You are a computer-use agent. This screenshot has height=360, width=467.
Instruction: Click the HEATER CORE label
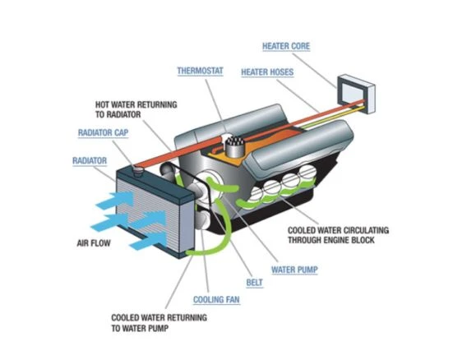pyautogui.click(x=286, y=46)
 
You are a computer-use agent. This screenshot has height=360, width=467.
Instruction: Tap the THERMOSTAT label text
pyautogui.click(x=200, y=71)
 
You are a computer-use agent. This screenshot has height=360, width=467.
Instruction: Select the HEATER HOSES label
pyautogui.click(x=267, y=72)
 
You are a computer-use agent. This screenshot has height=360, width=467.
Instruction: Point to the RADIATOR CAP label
pyautogui.click(x=103, y=132)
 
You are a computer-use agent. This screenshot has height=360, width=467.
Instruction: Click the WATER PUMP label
pyautogui.click(x=294, y=270)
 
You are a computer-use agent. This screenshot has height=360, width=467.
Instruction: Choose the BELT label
pyautogui.click(x=254, y=282)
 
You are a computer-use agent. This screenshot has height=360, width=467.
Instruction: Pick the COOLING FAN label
pyautogui.click(x=216, y=299)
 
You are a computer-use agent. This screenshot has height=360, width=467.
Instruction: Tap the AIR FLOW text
pyautogui.click(x=94, y=243)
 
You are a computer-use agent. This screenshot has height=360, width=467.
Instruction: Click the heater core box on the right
pyautogui.click(x=356, y=94)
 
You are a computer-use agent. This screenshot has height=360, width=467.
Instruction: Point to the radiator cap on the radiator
pyautogui.click(x=138, y=172)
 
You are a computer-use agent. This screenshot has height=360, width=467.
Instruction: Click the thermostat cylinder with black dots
pyautogui.click(x=235, y=146)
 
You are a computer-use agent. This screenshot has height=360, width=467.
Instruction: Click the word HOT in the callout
pyautogui.click(x=102, y=105)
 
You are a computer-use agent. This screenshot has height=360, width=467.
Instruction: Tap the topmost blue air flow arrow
pyautogui.click(x=114, y=200)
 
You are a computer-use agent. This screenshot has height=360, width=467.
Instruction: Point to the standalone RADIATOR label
pyautogui.click(x=90, y=161)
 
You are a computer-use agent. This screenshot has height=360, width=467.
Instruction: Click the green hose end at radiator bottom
pyautogui.click(x=191, y=253)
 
